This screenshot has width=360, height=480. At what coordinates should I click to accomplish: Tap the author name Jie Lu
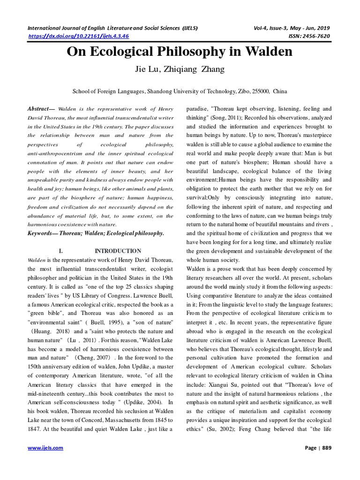148,69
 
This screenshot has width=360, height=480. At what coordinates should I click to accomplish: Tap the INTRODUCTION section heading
118,251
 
